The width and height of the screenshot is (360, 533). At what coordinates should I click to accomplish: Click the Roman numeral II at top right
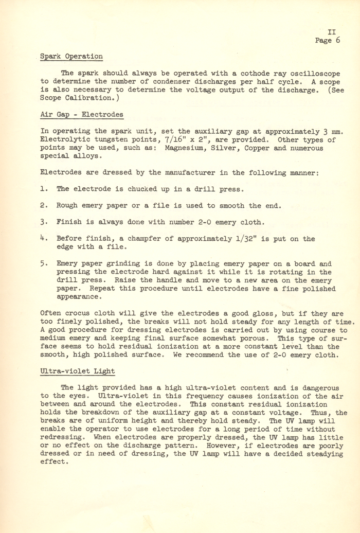[x=332, y=32]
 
